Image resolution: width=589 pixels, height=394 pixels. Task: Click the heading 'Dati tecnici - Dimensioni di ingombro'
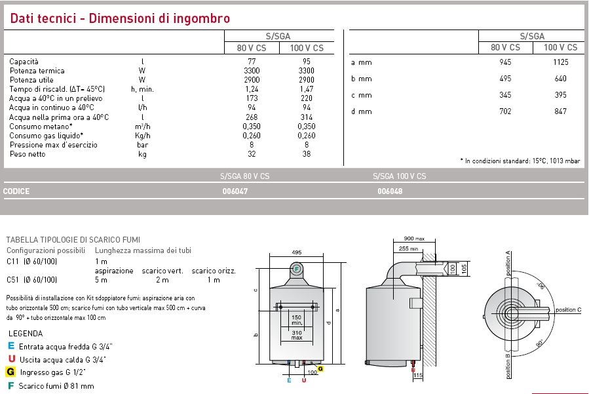(120, 18)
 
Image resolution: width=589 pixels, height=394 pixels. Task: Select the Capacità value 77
(252, 61)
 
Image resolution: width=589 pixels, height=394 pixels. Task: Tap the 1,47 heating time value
(306, 89)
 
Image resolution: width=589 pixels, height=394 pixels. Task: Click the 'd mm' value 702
(504, 111)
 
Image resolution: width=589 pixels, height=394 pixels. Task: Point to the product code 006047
(235, 192)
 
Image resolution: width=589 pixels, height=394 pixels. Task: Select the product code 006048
(390, 192)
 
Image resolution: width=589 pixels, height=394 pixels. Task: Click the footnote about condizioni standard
(520, 161)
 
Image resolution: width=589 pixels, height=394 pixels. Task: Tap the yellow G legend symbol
(11, 372)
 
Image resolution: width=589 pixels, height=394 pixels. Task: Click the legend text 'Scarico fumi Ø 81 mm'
(56, 386)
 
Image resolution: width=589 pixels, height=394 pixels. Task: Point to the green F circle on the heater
(296, 268)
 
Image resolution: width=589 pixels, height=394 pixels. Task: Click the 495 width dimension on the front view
(296, 252)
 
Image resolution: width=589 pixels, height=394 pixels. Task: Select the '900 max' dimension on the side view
(414, 239)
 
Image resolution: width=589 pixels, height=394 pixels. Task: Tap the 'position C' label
(568, 309)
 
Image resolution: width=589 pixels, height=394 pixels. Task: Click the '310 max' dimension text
(297, 334)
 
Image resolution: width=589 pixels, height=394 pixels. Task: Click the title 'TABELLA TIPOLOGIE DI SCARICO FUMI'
(73, 240)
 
